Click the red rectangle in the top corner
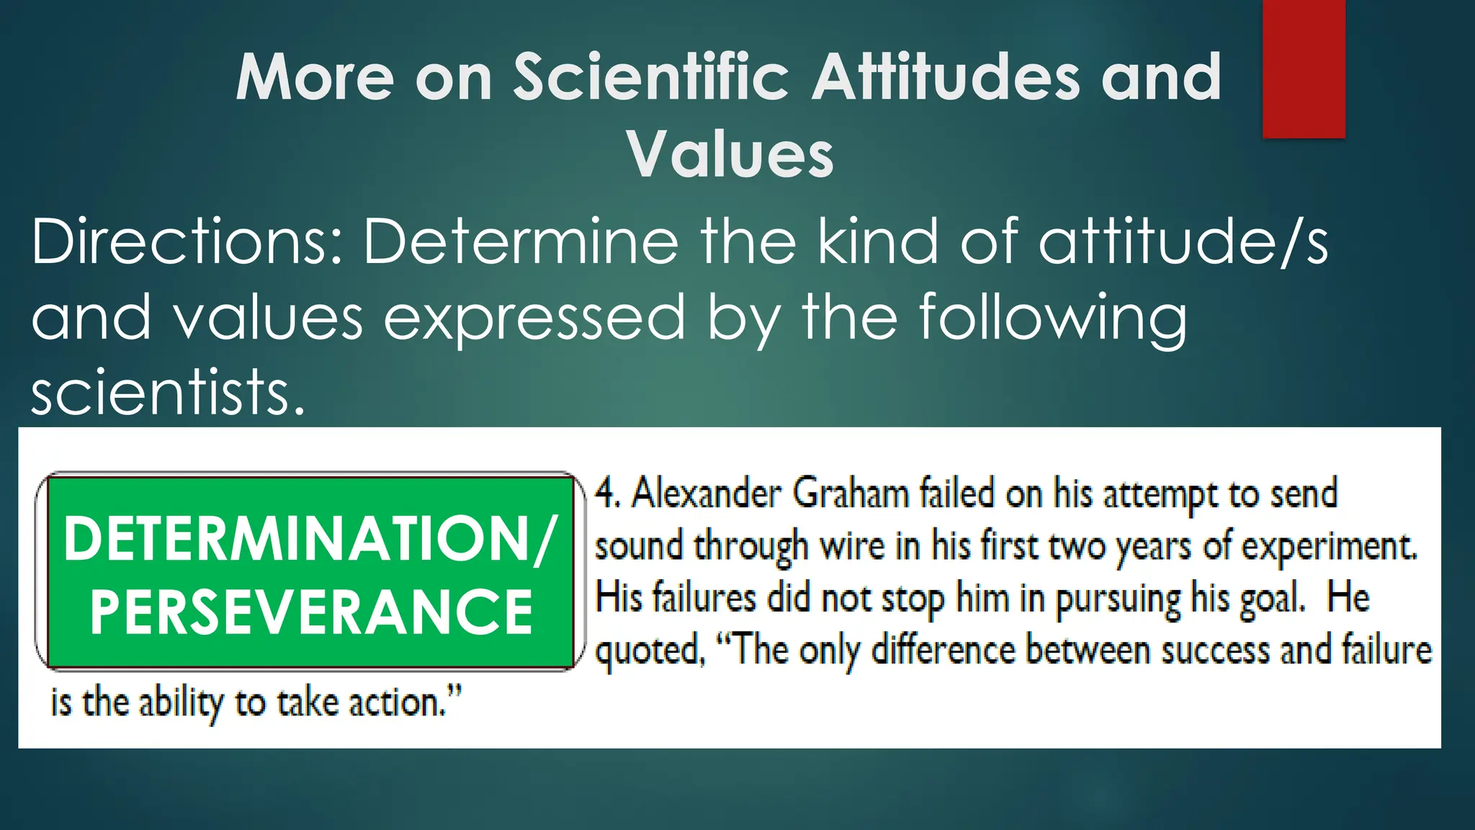(1304, 68)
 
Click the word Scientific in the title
(651, 77)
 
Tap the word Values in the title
(730, 155)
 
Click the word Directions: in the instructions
(187, 242)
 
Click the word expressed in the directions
(534, 318)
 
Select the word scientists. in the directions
(169, 393)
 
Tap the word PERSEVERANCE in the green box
(310, 612)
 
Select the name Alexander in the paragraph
(707, 494)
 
